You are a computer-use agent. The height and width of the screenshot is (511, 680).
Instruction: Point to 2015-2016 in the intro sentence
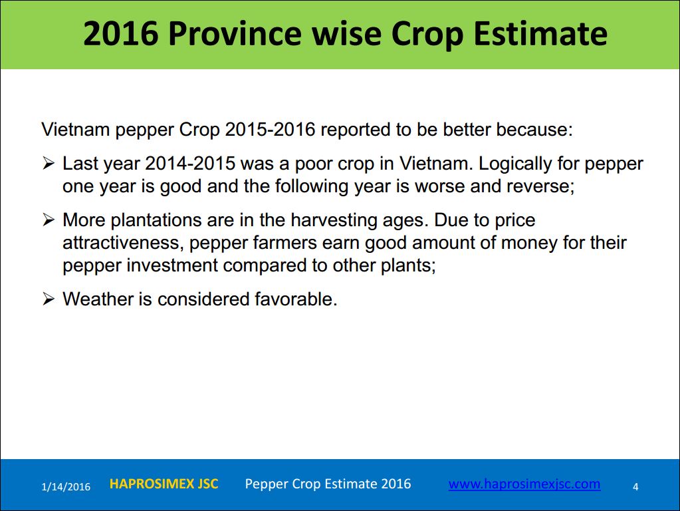pyautogui.click(x=270, y=129)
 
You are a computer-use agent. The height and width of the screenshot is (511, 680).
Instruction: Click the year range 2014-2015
pyautogui.click(x=190, y=164)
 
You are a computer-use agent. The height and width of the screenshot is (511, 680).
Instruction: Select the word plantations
pyautogui.click(x=156, y=220)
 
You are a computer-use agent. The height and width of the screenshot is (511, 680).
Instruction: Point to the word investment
pyautogui.click(x=172, y=265)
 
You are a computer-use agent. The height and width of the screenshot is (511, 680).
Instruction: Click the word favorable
pyautogui.click(x=296, y=299)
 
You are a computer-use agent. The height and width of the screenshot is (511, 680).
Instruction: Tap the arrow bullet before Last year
pyautogui.click(x=48, y=164)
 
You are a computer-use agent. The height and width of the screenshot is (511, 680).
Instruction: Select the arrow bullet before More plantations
pyautogui.click(x=48, y=220)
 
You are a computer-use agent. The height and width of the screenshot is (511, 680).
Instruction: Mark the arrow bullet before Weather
pyautogui.click(x=48, y=299)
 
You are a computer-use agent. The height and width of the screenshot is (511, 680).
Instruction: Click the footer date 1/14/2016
pyautogui.click(x=66, y=486)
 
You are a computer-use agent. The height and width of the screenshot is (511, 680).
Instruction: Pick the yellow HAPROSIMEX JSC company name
pyautogui.click(x=164, y=484)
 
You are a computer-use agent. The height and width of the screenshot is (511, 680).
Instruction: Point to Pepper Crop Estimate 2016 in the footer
pyautogui.click(x=328, y=484)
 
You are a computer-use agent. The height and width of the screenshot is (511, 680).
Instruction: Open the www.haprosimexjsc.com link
pyautogui.click(x=524, y=484)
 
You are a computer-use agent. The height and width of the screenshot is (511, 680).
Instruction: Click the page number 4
pyautogui.click(x=635, y=486)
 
